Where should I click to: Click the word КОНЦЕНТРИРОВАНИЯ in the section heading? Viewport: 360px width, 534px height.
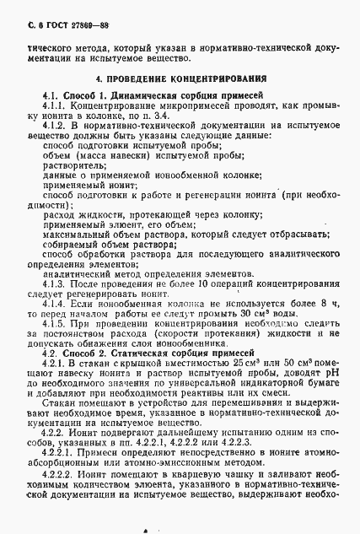(212, 78)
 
